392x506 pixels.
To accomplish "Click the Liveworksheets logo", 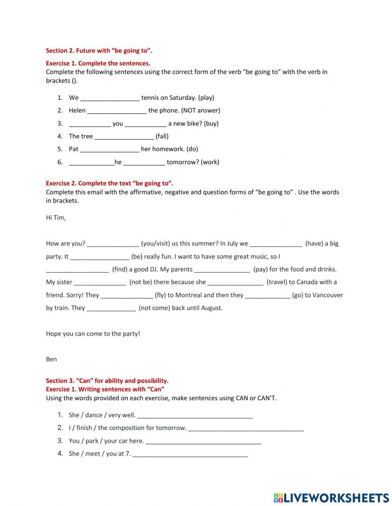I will tap(331, 498).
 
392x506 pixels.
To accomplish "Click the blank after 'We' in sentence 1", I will tap(110, 98).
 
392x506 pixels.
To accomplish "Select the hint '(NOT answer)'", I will tap(201, 111).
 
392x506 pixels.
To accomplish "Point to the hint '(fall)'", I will tap(162, 136).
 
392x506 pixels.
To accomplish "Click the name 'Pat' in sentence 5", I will tap(74, 149).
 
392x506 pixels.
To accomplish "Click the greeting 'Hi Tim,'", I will tap(56, 218).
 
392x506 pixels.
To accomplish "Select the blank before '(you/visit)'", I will tap(113, 244).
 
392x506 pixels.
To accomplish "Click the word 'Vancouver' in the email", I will tap(327, 295).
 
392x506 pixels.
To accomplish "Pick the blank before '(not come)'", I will tap(111, 308).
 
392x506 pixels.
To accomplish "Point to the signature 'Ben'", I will tap(51, 359).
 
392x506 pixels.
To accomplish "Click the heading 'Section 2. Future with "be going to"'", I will tap(99, 51).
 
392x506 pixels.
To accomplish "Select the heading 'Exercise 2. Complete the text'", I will tap(109, 183).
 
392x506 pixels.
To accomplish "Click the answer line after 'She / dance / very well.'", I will tap(195, 415).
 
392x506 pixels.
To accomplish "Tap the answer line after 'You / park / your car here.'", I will tap(203, 441).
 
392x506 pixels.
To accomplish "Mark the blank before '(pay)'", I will tap(222, 270).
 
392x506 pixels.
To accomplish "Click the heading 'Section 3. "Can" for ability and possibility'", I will tap(107, 381).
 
